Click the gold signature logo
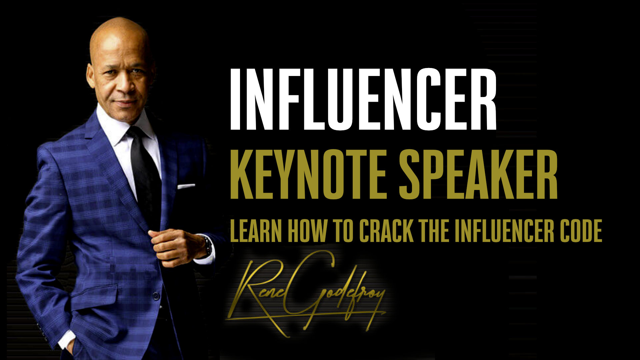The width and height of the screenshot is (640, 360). (x=306, y=293)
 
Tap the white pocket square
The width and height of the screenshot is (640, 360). (x=186, y=186)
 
